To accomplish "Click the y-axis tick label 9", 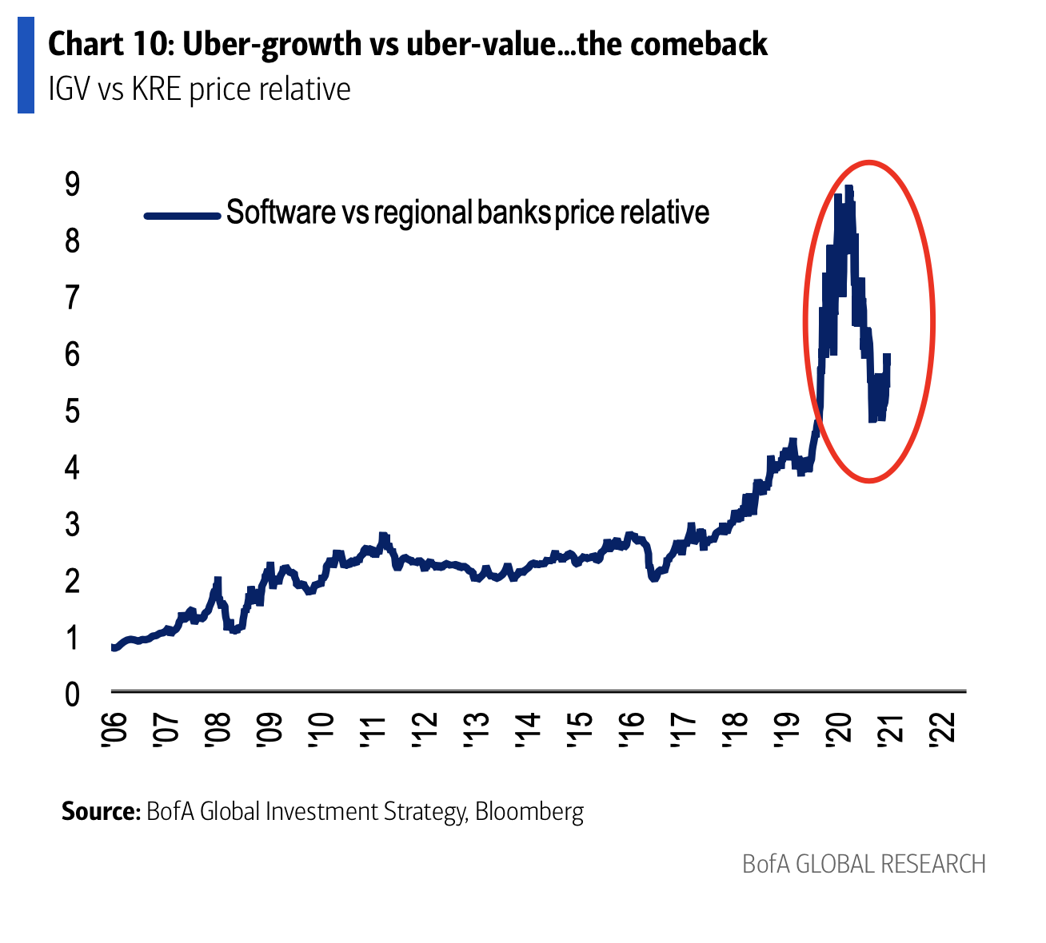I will [73, 185].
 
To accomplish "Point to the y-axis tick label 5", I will [73, 412].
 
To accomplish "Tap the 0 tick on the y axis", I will [73, 694].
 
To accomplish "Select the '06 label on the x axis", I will [113, 731].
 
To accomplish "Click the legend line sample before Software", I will [182, 215].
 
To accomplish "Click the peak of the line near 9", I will [848, 189].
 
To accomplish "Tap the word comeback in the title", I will [699, 45].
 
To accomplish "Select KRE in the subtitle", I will [158, 89].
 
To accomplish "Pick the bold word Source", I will [101, 812].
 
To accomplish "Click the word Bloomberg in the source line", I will [529, 812].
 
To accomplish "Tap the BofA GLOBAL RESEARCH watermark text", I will [864, 864].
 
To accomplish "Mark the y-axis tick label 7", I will [73, 298].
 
